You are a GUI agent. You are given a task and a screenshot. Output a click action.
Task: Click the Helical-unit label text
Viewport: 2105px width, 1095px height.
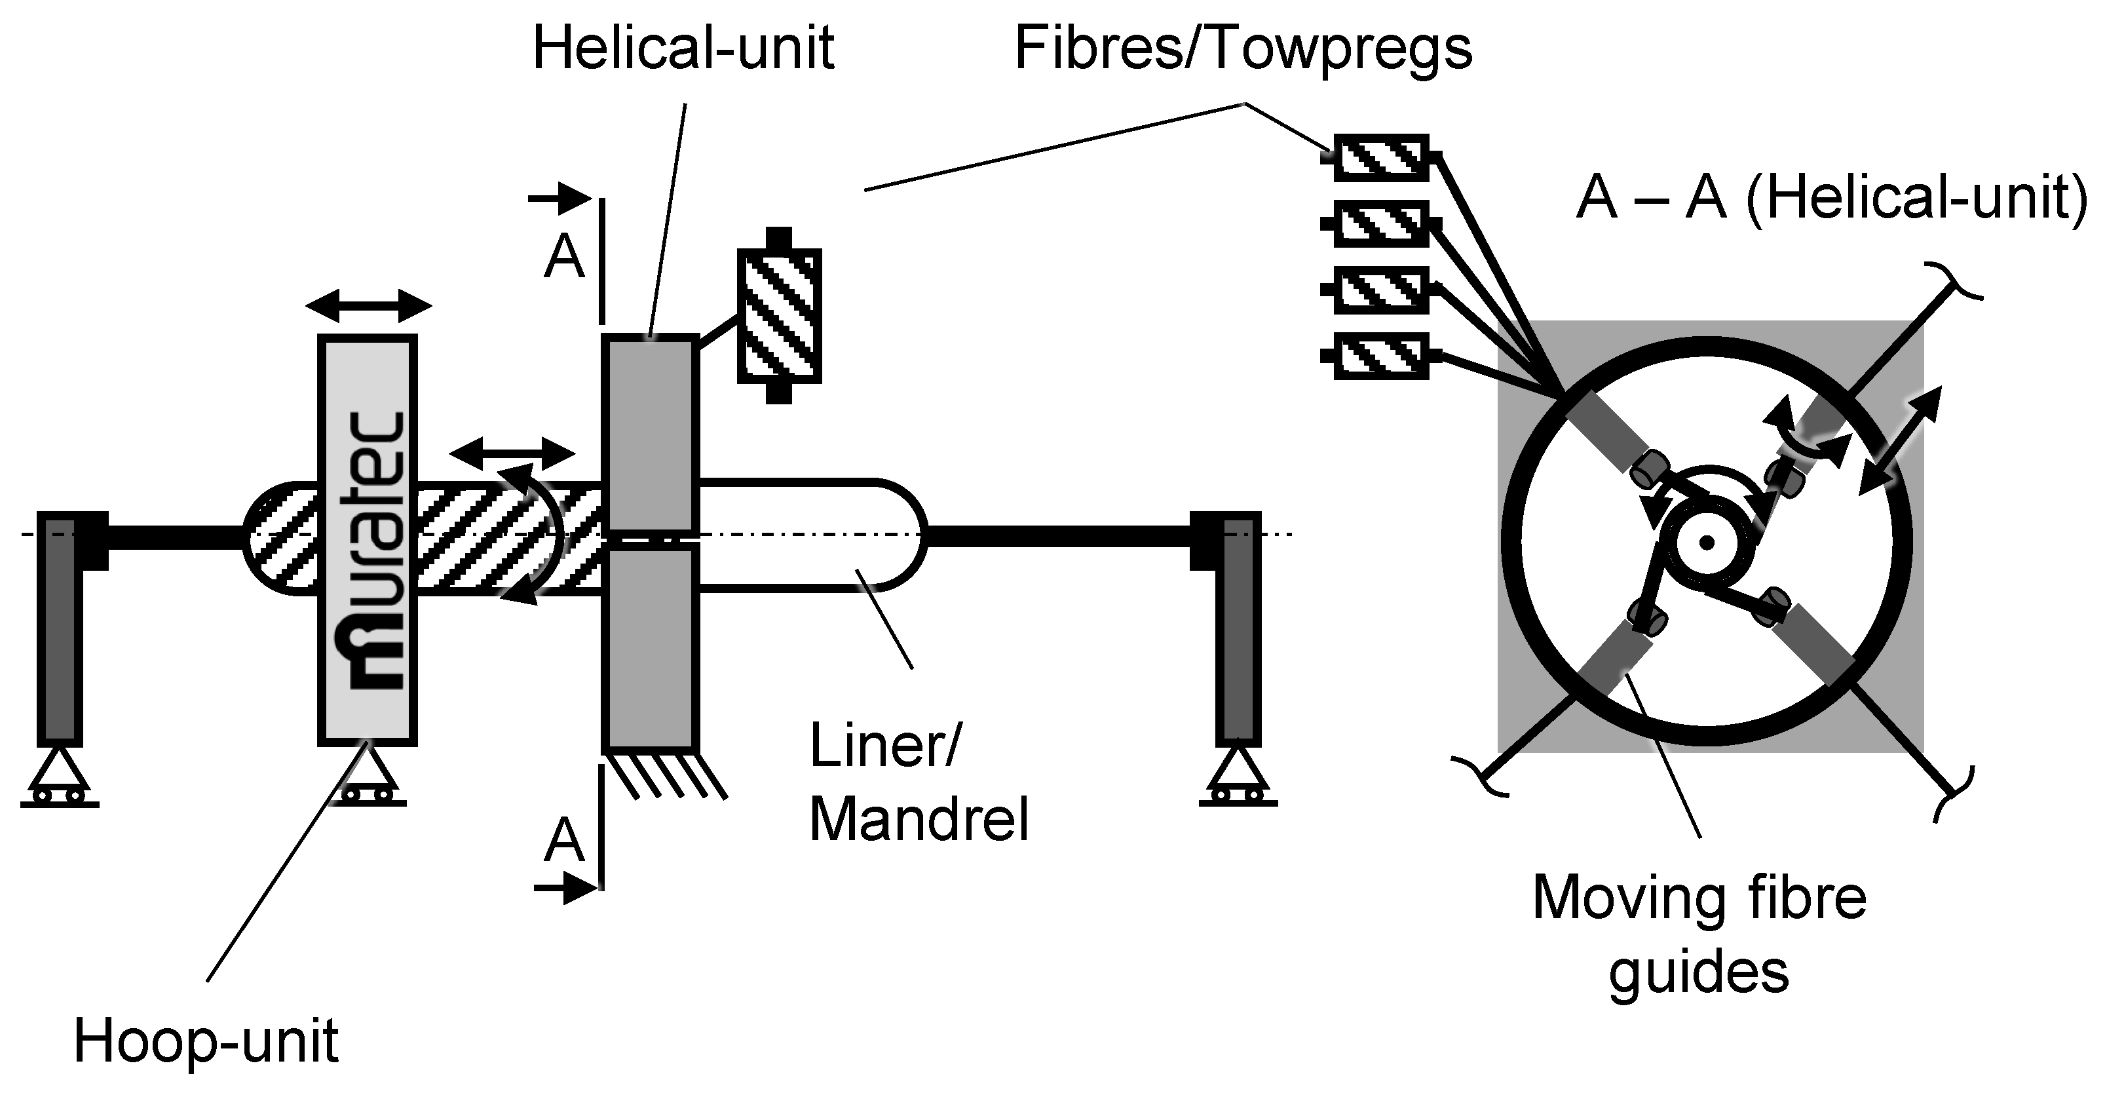(683, 48)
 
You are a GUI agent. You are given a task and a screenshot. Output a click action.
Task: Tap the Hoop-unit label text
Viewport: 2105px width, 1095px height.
(206, 1043)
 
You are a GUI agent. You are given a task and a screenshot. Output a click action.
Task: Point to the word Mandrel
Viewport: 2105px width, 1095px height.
(919, 819)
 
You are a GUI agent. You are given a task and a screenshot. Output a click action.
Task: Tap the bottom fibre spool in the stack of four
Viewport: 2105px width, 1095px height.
(1381, 356)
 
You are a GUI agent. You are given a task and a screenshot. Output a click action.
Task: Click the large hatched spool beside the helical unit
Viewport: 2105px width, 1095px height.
(779, 315)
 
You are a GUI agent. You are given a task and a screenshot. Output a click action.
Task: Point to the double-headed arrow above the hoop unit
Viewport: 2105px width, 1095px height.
(369, 307)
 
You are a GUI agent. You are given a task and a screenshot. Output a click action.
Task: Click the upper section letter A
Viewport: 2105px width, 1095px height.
(565, 258)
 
